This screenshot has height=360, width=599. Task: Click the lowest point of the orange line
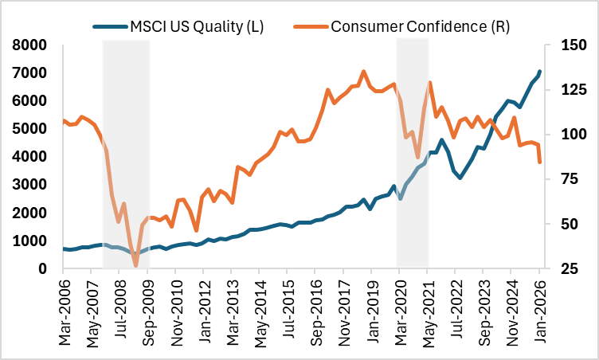pos(135,266)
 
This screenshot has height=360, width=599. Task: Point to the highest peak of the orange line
pos(364,71)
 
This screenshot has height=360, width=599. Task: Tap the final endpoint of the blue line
pos(540,72)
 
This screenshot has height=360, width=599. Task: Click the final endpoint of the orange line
pos(540,162)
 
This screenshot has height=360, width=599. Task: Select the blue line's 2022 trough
pos(460,178)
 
